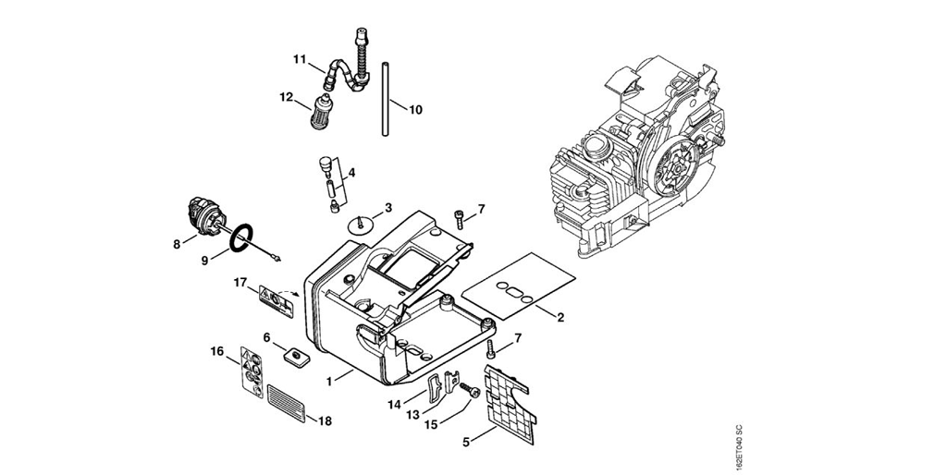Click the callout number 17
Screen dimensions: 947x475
click(x=240, y=282)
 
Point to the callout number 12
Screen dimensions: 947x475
click(x=286, y=96)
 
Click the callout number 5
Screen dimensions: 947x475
click(x=466, y=443)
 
